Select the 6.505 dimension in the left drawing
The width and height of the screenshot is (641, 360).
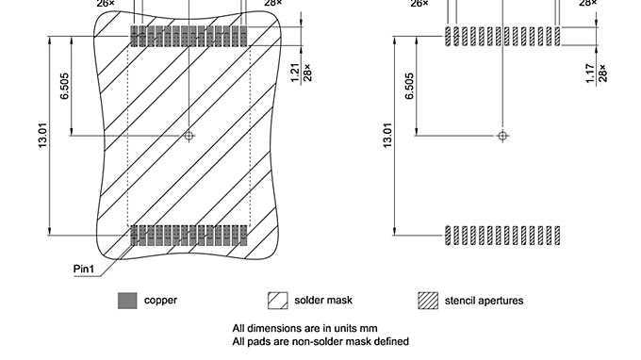tap(64, 87)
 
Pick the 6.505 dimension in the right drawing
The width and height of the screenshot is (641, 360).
tap(409, 87)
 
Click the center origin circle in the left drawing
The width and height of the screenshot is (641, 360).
tap(189, 136)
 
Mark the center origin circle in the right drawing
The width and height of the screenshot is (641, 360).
tap(502, 136)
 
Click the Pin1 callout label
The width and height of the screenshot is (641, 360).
tap(85, 270)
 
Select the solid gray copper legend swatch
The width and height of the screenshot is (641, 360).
tap(127, 301)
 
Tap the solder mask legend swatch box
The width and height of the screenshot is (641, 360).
tap(278, 301)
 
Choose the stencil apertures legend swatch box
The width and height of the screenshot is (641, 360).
tap(429, 301)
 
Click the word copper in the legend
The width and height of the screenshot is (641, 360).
tap(160, 301)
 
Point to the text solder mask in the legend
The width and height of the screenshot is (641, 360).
tap(323, 301)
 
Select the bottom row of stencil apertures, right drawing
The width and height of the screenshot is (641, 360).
tap(502, 235)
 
